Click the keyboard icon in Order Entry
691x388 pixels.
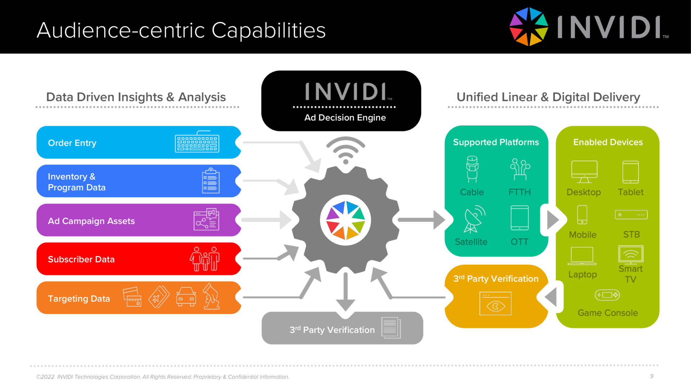pos(197,142)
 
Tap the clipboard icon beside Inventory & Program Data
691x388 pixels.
pos(211,181)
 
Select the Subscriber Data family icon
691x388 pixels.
pos(205,259)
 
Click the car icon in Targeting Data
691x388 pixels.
pos(186,297)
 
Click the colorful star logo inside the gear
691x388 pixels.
pos(345,220)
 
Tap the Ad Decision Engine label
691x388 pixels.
pos(345,118)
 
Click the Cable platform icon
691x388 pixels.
pos(472,169)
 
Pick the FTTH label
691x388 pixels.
pos(519,192)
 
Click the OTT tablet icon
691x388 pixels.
pos(519,218)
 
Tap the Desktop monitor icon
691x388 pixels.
pos(584,172)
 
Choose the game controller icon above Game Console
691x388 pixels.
pos(607,295)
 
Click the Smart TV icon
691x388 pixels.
pos(631,254)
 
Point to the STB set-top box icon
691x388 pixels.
pos(631,215)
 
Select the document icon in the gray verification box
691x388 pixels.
pos(391,328)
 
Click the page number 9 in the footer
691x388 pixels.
pos(652,376)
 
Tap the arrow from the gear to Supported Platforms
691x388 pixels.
pos(421,220)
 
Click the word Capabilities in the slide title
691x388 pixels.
pos(268,30)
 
